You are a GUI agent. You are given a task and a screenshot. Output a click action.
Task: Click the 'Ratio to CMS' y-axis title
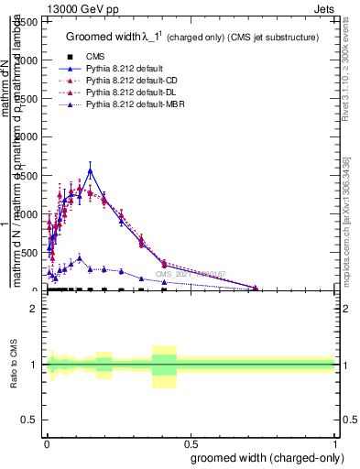point(16,365)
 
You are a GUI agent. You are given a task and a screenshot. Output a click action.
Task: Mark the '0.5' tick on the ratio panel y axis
point(31,420)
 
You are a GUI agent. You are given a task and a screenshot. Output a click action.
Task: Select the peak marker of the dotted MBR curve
point(80,258)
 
